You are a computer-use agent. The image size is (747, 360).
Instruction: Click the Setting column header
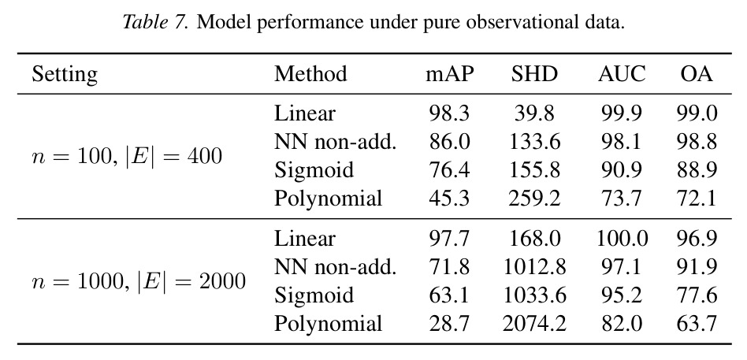(x=65, y=75)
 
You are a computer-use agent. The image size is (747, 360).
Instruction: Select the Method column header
(x=310, y=74)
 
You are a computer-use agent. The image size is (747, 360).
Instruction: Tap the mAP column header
(x=450, y=75)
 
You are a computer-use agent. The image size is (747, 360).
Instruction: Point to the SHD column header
(x=534, y=74)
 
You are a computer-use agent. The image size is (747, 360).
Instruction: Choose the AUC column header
(x=622, y=74)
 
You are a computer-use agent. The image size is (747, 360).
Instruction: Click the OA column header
(x=697, y=74)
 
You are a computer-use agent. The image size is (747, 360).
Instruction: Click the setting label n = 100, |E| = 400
(x=127, y=156)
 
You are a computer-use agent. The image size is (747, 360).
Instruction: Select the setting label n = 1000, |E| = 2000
(x=139, y=281)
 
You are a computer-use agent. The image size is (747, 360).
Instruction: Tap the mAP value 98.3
(x=449, y=113)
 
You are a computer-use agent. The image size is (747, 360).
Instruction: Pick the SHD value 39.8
(x=534, y=113)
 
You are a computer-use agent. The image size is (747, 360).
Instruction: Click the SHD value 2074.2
(x=534, y=324)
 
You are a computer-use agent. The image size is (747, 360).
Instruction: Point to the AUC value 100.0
(x=622, y=239)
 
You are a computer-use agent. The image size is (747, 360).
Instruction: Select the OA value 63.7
(x=697, y=324)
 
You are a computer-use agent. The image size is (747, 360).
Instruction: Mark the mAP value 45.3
(x=449, y=198)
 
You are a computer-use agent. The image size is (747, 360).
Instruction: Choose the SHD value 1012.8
(x=534, y=267)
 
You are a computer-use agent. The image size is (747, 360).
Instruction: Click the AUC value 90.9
(x=622, y=170)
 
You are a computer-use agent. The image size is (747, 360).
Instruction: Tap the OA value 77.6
(x=697, y=295)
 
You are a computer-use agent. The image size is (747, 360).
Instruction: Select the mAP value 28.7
(x=449, y=324)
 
